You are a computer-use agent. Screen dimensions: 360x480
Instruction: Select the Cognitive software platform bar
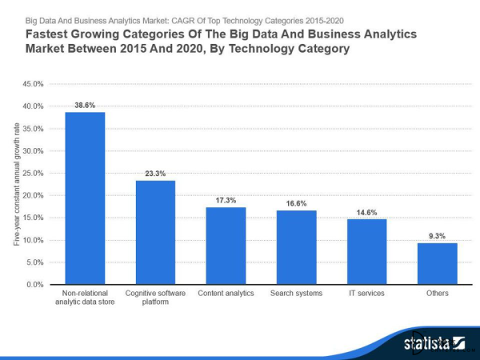click(x=155, y=232)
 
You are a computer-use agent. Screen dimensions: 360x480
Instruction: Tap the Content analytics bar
click(x=226, y=246)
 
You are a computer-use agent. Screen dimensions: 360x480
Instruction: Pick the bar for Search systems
click(x=296, y=247)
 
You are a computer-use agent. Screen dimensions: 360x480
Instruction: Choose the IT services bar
click(x=366, y=251)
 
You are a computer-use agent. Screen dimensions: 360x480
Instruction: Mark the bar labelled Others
click(x=437, y=263)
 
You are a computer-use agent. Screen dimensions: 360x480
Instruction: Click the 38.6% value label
click(x=85, y=105)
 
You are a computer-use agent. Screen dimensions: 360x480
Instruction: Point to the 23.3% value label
click(x=155, y=173)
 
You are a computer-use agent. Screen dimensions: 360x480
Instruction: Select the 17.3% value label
click(x=226, y=200)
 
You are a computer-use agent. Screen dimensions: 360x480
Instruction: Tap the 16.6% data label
click(x=296, y=203)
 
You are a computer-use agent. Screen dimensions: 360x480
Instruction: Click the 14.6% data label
click(x=366, y=212)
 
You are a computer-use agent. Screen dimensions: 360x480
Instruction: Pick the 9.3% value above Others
click(x=437, y=236)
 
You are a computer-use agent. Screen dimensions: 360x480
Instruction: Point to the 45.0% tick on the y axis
click(x=32, y=84)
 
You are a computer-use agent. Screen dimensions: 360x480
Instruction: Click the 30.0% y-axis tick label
click(x=32, y=150)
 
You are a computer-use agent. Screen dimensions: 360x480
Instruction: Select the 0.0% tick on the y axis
click(x=34, y=285)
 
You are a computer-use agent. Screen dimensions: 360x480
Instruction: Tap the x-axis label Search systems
click(x=296, y=294)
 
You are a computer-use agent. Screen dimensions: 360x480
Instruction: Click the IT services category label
click(x=366, y=294)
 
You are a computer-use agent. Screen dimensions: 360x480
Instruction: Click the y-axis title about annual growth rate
click(x=16, y=184)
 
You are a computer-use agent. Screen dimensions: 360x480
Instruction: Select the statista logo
click(x=433, y=344)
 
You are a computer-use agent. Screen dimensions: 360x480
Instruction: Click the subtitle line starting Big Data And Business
click(x=184, y=20)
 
